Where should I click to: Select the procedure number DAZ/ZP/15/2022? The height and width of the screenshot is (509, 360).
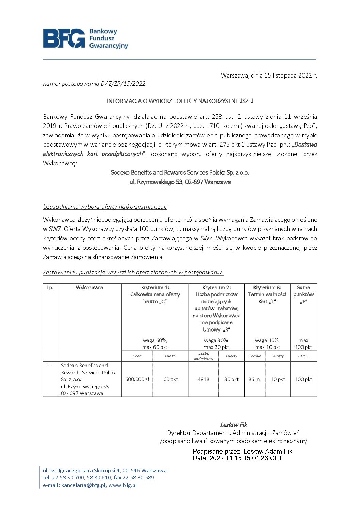tap(123, 84)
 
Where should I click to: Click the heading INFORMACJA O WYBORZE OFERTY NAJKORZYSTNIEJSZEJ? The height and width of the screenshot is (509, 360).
tap(180, 101)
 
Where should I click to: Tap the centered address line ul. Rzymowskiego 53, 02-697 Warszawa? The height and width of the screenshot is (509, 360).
tap(180, 182)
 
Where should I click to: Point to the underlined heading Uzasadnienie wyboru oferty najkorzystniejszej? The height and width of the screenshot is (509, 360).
tap(105, 207)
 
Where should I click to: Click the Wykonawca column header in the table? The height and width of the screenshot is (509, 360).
tap(89, 288)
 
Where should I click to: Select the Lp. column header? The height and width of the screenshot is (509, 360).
tap(50, 288)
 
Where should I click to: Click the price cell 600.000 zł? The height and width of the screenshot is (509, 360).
tap(137, 379)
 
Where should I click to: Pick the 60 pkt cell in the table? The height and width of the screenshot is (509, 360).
tap(170, 379)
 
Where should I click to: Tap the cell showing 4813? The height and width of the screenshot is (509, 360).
tap(203, 379)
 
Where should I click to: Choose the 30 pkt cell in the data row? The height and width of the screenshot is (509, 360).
tap(231, 379)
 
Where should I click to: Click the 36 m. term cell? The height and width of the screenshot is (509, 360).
tap(255, 379)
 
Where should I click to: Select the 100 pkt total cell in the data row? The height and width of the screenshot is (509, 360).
tap(304, 379)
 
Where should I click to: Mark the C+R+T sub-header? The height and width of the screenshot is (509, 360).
tap(304, 356)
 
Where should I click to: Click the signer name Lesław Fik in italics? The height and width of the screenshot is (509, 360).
tap(233, 425)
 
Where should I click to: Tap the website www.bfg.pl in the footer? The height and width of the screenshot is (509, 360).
tap(122, 485)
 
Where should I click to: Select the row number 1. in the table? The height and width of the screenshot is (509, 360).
tap(49, 366)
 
